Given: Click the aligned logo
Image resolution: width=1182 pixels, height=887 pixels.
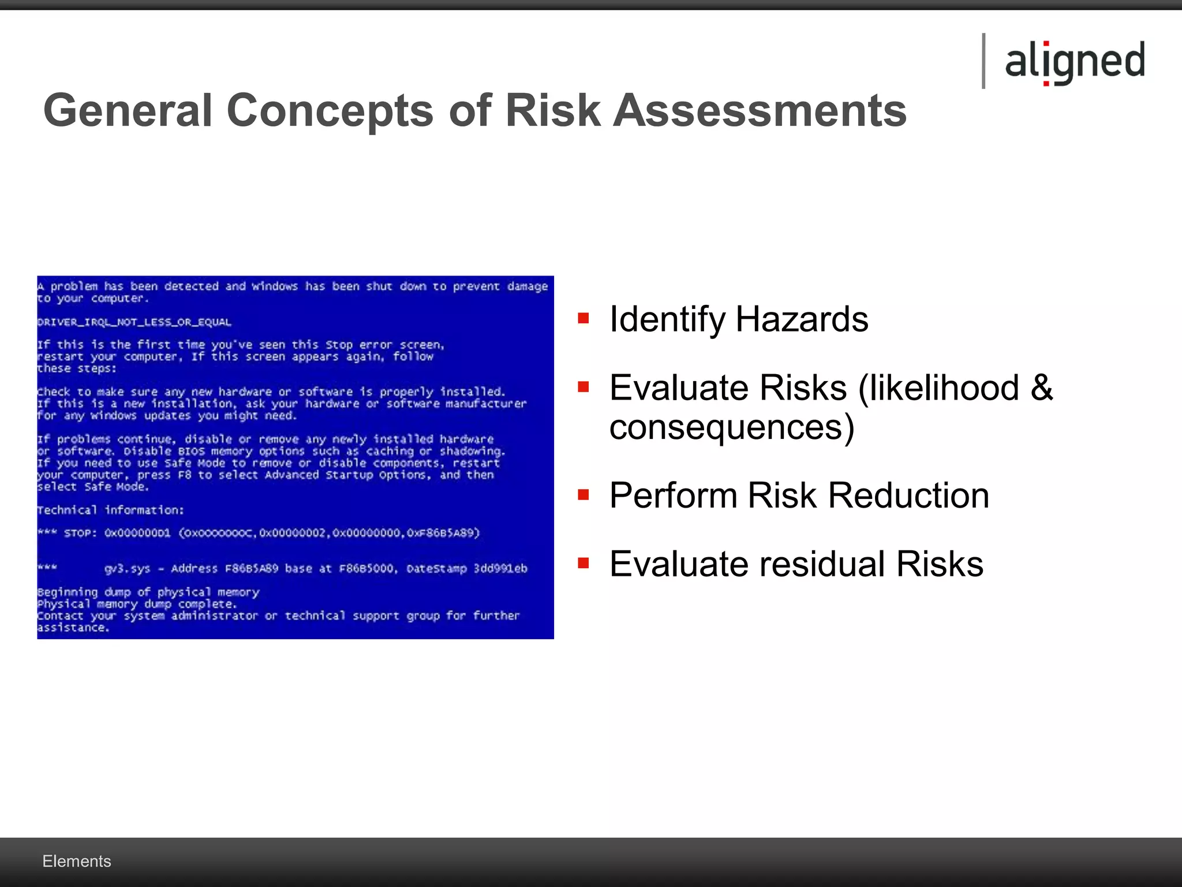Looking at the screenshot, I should pos(1075,61).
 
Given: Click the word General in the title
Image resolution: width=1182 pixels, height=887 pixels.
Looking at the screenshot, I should pos(128,110).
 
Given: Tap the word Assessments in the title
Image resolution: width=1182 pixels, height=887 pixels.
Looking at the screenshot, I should pos(760,110).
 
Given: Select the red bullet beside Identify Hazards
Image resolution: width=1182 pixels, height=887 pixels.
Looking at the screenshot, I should pos(583,318).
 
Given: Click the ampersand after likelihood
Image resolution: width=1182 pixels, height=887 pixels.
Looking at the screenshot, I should pos(1042,387).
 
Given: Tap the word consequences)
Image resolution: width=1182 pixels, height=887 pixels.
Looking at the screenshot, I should pos(731,428).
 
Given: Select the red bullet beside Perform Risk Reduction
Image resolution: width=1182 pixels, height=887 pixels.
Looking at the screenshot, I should pos(583,495).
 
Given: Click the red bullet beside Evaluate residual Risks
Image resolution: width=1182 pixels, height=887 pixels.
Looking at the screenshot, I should pos(583,563).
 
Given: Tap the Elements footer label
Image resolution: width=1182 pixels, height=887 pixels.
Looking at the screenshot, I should pos(77,861).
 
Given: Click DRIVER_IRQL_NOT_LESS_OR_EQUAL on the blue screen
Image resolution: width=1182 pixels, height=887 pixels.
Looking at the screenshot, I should pos(134,322).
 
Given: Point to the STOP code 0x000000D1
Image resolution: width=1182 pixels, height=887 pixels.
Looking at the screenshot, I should pos(137,533).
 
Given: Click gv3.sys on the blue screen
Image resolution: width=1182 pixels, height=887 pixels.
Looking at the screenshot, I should pos(127,569).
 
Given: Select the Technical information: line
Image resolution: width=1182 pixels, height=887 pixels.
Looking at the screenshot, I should pos(110,510).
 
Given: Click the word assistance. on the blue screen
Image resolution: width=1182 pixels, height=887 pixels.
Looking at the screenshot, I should pos(73,628).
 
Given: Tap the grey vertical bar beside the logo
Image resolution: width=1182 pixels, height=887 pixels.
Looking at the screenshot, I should pos(983,61).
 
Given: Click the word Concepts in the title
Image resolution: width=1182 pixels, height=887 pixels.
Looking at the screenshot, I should pos(330,110).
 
